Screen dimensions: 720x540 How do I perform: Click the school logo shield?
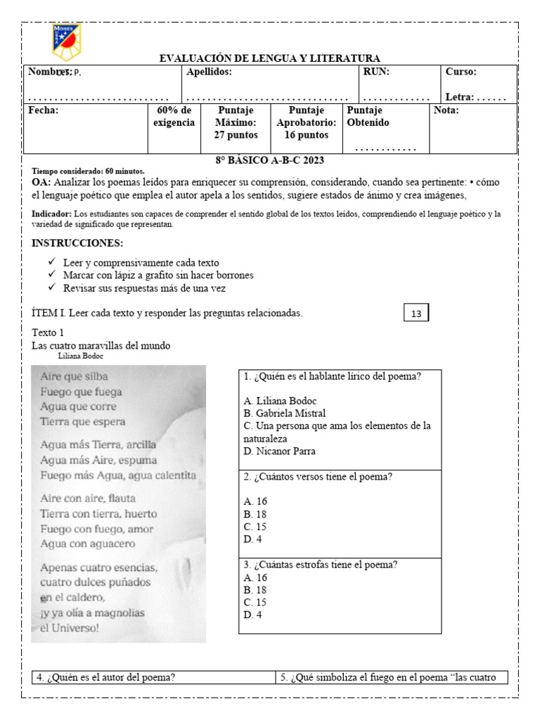(x=67, y=42)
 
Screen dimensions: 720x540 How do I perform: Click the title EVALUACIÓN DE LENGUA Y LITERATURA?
(x=270, y=58)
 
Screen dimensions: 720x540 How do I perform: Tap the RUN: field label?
(x=376, y=72)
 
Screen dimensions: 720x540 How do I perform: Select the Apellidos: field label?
(x=209, y=72)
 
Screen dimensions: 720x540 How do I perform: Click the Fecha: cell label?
(x=43, y=110)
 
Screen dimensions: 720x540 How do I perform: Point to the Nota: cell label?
(x=446, y=110)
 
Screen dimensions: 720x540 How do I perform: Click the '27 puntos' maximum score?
(x=236, y=135)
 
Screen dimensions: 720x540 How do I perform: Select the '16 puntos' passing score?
(x=306, y=135)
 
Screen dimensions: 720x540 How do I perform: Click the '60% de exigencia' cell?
(x=174, y=117)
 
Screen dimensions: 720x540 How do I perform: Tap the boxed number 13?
(x=416, y=314)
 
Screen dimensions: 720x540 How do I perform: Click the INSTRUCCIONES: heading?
(x=77, y=243)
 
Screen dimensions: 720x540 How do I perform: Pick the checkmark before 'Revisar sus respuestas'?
(x=53, y=288)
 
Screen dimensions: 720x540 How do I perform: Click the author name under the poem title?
(x=84, y=356)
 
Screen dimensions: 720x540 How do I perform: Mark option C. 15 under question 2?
(x=255, y=527)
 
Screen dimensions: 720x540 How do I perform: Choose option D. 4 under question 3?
(x=252, y=615)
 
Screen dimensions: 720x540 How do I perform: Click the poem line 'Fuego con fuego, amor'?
(x=96, y=529)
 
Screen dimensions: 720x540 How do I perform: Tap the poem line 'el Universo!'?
(x=70, y=628)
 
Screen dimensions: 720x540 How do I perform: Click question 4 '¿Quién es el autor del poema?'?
(x=105, y=678)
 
